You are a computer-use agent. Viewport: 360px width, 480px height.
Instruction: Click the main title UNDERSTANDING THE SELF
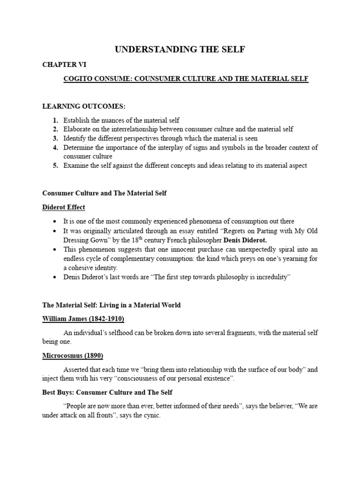(180, 49)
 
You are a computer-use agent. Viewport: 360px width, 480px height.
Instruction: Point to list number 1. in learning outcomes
(55, 120)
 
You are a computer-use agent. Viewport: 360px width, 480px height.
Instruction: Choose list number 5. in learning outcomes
(55, 165)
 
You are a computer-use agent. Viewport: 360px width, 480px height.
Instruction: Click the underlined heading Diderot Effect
(64, 207)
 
